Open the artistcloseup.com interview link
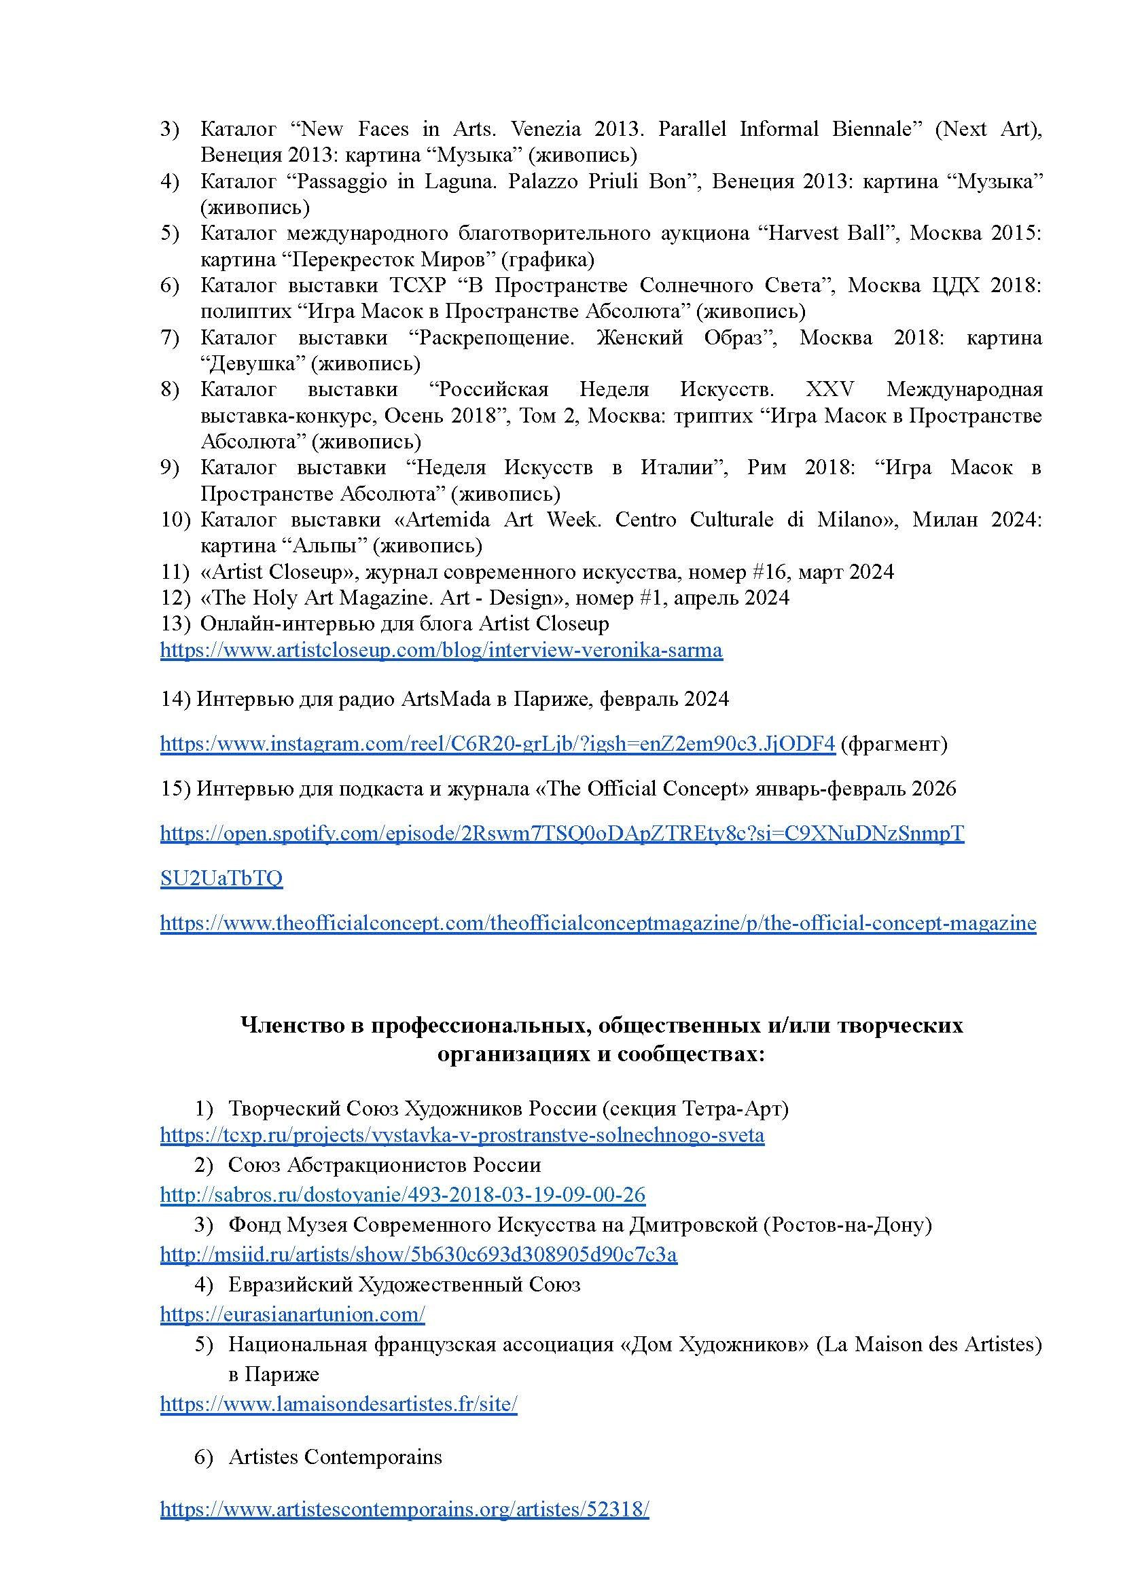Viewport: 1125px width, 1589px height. pyautogui.click(x=442, y=650)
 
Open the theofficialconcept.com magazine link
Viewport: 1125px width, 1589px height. pyautogui.click(x=598, y=923)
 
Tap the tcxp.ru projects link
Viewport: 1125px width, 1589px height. pyautogui.click(x=462, y=1135)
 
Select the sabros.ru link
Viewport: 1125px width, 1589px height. pyautogui.click(x=402, y=1194)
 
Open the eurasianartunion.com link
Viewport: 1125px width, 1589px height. pyautogui.click(x=292, y=1314)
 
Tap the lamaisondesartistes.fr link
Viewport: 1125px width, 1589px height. pyautogui.click(x=339, y=1404)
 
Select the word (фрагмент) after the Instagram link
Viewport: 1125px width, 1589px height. pyautogui.click(x=893, y=744)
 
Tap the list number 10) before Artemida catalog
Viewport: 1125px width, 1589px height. pyautogui.click(x=175, y=520)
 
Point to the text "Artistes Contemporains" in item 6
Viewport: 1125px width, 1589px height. pyautogui.click(x=336, y=1457)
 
